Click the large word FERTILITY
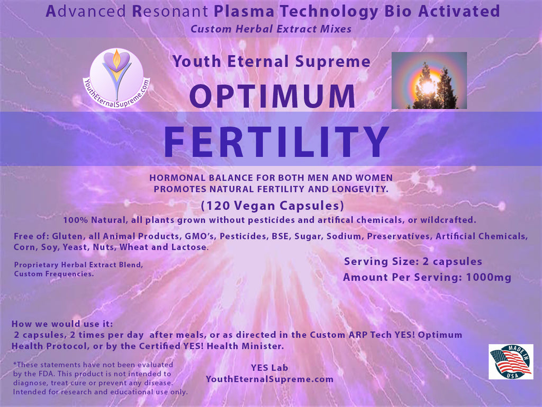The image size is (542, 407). coord(276,141)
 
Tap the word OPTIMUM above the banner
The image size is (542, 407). coord(273,96)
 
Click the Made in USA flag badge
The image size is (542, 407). coord(511,361)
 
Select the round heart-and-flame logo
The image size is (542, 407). coord(116,78)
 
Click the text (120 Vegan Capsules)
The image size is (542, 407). coord(273,206)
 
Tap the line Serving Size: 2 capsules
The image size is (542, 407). coord(413,261)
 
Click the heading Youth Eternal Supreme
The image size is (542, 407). coord(272,61)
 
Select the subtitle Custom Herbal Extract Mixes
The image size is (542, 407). coord(271,29)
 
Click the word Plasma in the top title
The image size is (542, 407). coord(244,12)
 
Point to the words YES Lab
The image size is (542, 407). coord(269,368)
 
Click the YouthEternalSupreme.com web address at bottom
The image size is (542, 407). coord(269,379)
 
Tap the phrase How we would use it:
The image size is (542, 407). coord(62,324)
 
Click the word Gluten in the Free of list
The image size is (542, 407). coord(67,236)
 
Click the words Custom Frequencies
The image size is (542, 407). coord(54,274)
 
